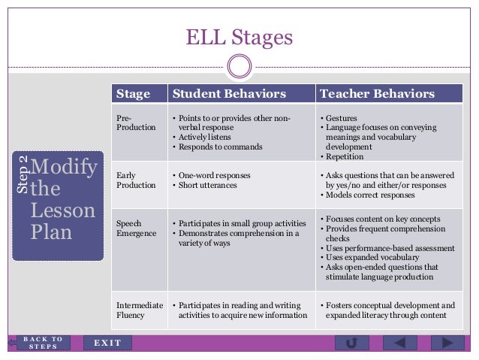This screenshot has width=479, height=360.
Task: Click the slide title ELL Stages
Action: [x=239, y=36]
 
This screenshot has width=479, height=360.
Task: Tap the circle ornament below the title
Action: [x=239, y=67]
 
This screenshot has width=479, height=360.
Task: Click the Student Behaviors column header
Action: [x=229, y=94]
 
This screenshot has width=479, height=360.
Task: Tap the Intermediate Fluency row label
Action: [x=140, y=310]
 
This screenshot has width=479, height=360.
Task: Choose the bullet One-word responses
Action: [x=213, y=175]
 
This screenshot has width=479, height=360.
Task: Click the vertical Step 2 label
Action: [x=23, y=175]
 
